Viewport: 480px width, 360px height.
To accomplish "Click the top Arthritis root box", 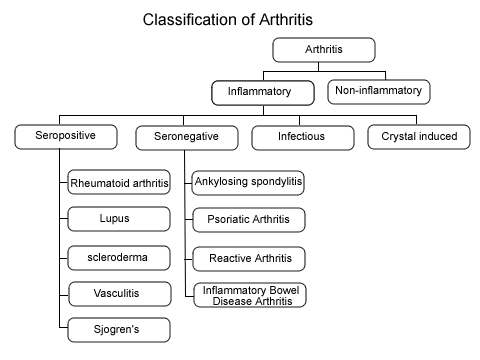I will [x=323, y=49].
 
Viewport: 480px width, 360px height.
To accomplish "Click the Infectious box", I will [x=301, y=135].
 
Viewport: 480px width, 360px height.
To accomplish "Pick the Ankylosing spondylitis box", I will [x=249, y=183].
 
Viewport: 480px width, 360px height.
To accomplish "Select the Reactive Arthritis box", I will [x=249, y=258].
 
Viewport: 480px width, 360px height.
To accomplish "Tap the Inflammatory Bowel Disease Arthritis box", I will [x=249, y=295].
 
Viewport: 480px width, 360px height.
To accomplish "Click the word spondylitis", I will [x=275, y=183].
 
